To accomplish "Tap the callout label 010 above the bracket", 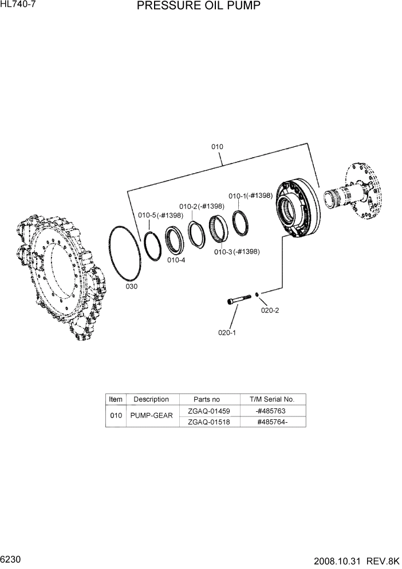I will pos(217,147).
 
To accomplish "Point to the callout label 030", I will pos(131,286).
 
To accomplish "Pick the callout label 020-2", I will pos(270,311).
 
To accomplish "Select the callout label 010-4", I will pos(176,260).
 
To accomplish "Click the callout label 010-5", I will pos(147,215).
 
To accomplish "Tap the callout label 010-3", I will pos(224,252).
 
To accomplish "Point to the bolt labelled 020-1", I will pos(239,299).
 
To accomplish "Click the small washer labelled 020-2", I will pos(258,294).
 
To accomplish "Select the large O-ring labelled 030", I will pos(125,252).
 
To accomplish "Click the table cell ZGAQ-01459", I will pos(208,411).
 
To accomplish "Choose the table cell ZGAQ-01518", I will pos(208,422).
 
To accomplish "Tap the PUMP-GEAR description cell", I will pos(151,416).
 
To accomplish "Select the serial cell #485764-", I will pos(271,422).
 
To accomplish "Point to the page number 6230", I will pos(13,559).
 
